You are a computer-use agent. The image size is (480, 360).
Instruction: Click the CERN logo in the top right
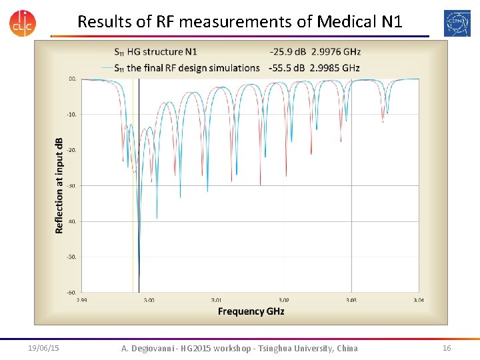click(457, 23)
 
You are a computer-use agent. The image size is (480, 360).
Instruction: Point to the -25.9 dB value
click(288, 51)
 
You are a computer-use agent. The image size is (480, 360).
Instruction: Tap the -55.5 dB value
click(288, 67)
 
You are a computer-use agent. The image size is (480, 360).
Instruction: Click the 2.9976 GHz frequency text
click(336, 51)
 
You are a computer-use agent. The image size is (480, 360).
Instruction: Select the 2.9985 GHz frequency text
click(336, 67)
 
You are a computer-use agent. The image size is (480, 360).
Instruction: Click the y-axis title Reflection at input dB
click(59, 185)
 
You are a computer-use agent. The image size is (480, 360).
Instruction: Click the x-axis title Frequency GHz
click(251, 311)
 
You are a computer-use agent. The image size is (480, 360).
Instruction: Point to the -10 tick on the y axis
click(71, 115)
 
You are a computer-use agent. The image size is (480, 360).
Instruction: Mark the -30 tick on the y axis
click(71, 185)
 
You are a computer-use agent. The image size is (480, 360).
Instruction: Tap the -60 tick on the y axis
click(71, 292)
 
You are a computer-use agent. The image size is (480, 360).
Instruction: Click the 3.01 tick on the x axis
click(217, 300)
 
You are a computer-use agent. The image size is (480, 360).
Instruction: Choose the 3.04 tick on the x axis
click(418, 300)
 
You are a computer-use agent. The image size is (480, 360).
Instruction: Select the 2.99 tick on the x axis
click(82, 300)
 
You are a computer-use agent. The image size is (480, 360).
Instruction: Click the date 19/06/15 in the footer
click(43, 348)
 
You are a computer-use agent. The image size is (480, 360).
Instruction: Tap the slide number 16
click(447, 348)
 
